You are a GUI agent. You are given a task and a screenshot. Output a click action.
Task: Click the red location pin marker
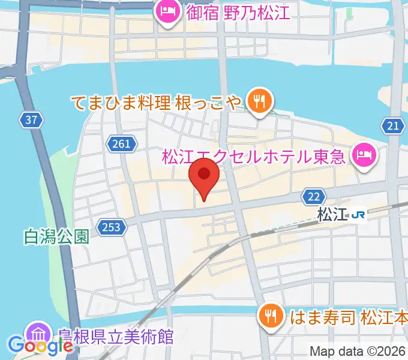tap(204, 178)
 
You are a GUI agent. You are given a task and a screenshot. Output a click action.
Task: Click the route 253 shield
tap(114, 228)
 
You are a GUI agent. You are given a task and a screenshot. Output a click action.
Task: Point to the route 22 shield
tap(314, 197)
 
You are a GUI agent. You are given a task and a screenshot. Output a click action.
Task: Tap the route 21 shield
tap(393, 125)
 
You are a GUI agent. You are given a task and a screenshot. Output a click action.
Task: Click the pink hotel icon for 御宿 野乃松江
tap(165, 11)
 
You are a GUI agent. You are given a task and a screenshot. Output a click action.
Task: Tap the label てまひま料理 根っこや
tap(157, 101)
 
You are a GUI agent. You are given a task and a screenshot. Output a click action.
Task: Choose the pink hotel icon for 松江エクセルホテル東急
tap(364, 157)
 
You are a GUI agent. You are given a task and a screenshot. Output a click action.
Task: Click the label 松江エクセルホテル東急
tap(254, 157)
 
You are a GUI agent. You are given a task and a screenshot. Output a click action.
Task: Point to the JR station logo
tap(359, 214)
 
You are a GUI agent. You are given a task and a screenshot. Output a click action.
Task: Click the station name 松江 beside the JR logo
tap(333, 214)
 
